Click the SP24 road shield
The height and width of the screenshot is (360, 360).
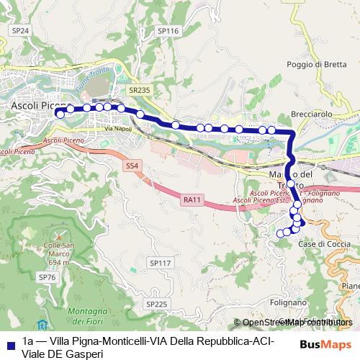(x=20, y=30)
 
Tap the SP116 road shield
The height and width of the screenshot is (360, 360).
(x=167, y=32)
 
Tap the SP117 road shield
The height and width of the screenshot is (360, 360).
(x=160, y=264)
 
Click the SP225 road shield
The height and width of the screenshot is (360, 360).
(x=156, y=305)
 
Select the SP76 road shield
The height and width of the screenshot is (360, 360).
(x=47, y=277)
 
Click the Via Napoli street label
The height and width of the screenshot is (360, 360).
(x=118, y=128)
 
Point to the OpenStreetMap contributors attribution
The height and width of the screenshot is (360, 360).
(x=294, y=323)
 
